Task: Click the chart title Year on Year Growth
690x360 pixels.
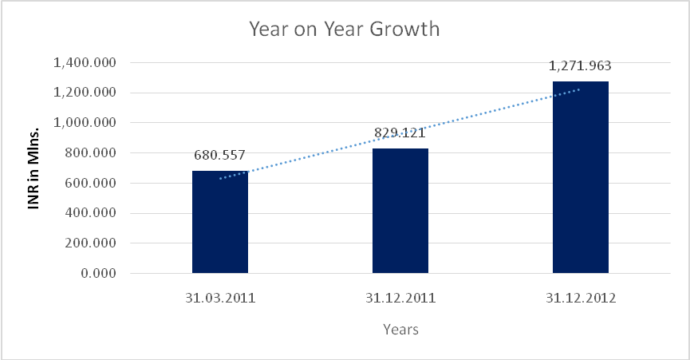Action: pyautogui.click(x=345, y=30)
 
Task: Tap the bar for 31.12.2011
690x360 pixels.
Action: pyautogui.click(x=400, y=211)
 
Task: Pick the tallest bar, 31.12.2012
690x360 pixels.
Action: pyautogui.click(x=580, y=177)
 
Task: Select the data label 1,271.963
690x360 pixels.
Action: pyautogui.click(x=580, y=66)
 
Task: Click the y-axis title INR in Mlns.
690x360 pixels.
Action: pyautogui.click(x=33, y=168)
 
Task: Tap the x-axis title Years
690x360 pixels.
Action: pyautogui.click(x=400, y=329)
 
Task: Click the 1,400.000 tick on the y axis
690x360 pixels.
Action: pyautogui.click(x=83, y=62)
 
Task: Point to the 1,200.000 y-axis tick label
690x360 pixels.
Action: pyautogui.click(x=83, y=93)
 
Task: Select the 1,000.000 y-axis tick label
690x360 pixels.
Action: pyautogui.click(x=83, y=123)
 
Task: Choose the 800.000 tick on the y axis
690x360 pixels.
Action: pyautogui.click(x=89, y=153)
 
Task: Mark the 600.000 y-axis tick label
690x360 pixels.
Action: pyautogui.click(x=89, y=183)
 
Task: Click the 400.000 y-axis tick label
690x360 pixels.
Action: pyautogui.click(x=89, y=213)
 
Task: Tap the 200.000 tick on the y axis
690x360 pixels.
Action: pyautogui.click(x=89, y=243)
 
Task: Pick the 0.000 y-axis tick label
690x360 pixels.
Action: pyautogui.click(x=96, y=274)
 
